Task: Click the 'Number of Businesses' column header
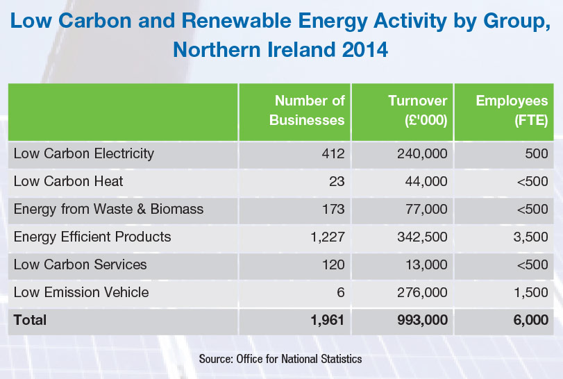point(307,110)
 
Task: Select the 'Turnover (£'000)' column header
point(417,110)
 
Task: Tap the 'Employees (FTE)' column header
point(512,110)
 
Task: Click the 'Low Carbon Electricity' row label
point(83,153)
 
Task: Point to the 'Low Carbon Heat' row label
point(68,181)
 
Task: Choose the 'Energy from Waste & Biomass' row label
point(108,208)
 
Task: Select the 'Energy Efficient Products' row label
point(92,237)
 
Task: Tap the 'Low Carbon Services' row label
point(80,264)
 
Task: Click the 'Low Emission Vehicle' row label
point(81,292)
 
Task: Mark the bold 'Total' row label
point(30,320)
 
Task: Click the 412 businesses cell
point(333,153)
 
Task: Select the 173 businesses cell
point(333,209)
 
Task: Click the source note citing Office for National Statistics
point(280,359)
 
